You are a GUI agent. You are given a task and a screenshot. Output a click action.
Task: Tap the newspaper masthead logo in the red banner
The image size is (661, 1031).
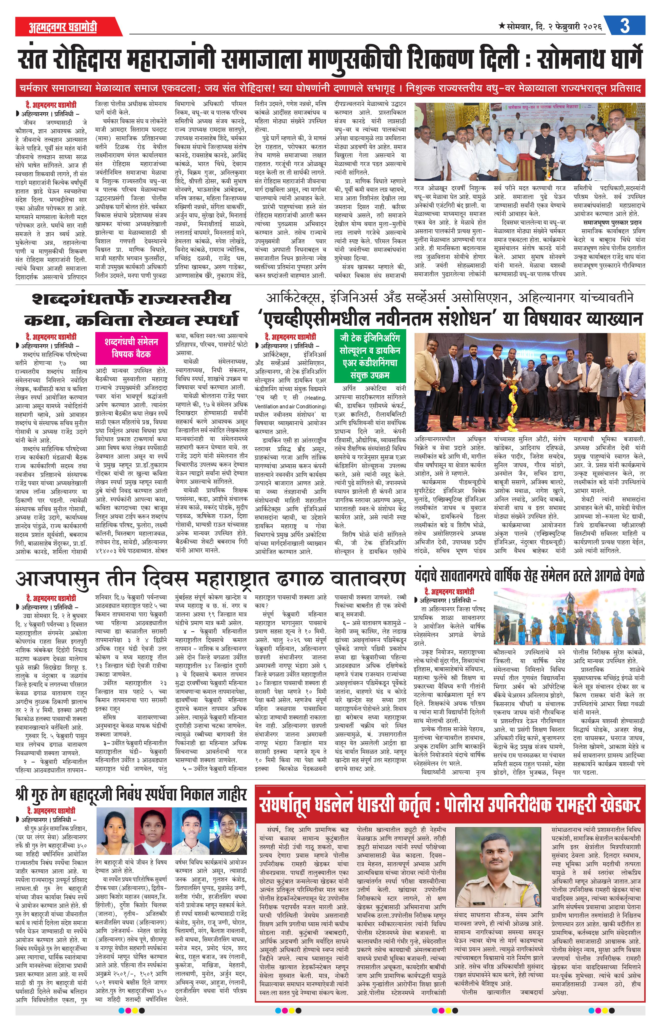click(63, 27)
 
